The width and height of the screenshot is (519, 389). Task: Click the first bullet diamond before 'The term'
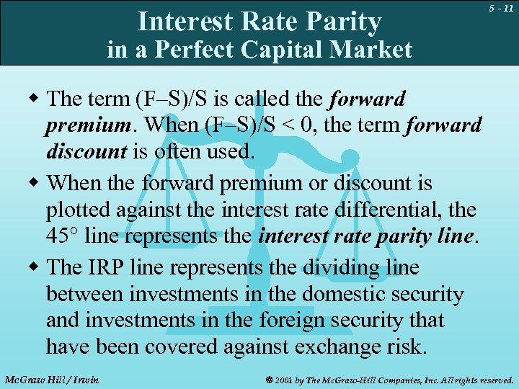(35, 99)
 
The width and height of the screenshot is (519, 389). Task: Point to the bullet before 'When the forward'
(35, 183)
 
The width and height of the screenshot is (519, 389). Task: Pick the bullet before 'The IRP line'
(35, 267)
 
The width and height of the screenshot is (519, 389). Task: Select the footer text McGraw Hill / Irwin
(50, 379)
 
